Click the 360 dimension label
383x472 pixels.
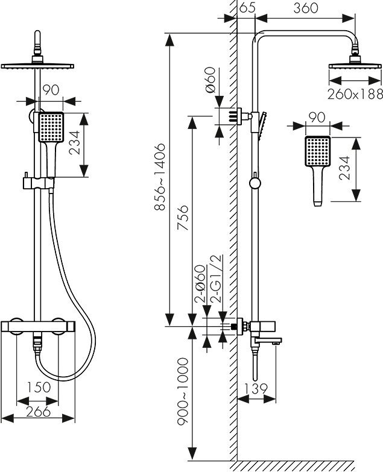tap(306, 8)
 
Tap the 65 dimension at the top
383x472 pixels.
tap(247, 7)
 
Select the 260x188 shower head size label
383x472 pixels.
tap(355, 94)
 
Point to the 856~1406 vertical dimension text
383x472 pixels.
tap(159, 177)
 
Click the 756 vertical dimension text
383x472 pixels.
tap(183, 218)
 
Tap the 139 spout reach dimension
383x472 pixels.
tap(255, 389)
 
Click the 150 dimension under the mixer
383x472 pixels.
tap(38, 387)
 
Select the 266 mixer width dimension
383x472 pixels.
tap(38, 411)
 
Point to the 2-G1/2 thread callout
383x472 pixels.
tap(217, 278)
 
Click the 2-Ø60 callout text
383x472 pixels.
tap(200, 283)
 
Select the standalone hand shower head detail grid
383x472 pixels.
tap(318, 151)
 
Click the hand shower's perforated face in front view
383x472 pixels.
tap(51, 127)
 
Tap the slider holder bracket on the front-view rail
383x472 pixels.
tap(39, 183)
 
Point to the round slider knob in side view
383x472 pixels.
tap(255, 183)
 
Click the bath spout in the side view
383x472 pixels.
tap(267, 341)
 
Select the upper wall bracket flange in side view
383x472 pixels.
tap(240, 116)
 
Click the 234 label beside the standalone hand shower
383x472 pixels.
tap(344, 168)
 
